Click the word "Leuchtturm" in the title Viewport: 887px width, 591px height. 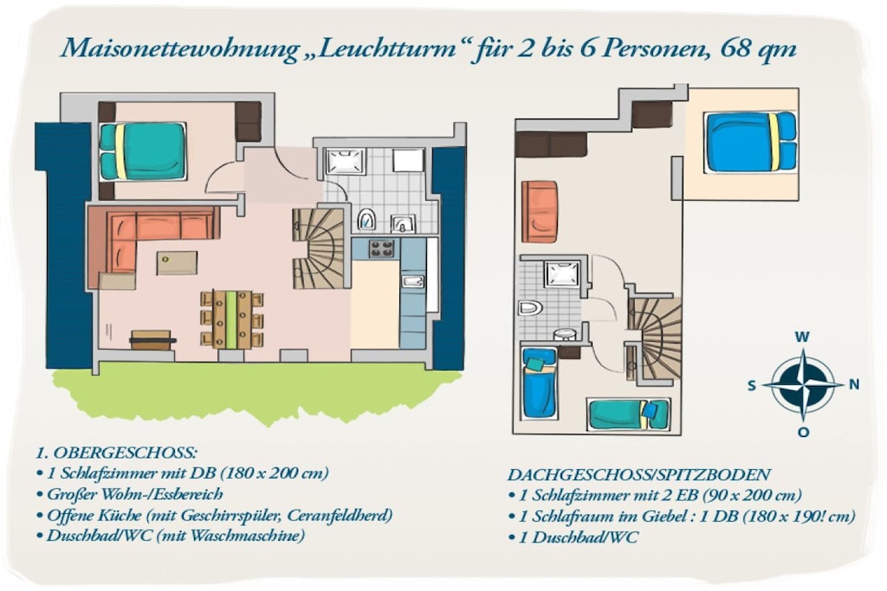point(387,49)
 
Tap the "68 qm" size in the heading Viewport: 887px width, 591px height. point(758,48)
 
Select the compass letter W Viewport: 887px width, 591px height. point(802,337)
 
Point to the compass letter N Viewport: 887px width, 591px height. point(853,385)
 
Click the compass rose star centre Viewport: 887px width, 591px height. point(803,385)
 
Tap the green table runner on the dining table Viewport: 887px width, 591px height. point(231,319)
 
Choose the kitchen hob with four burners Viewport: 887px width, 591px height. point(381,248)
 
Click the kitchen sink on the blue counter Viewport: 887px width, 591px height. point(412,281)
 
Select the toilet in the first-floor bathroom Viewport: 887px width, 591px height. point(367,219)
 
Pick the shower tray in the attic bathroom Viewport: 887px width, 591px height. point(562,273)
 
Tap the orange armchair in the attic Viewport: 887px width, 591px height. point(540,211)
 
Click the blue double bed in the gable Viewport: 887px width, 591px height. point(750,141)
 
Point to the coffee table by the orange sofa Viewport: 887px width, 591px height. point(177,263)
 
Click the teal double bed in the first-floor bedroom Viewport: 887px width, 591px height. point(143,151)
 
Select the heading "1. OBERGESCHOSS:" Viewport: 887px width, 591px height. point(116,453)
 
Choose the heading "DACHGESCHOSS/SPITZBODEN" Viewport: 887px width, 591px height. point(638,474)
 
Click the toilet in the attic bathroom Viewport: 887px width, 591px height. point(531,308)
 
